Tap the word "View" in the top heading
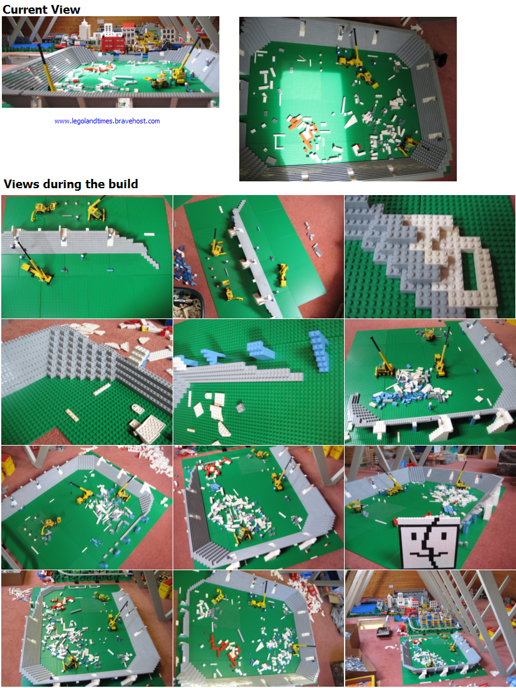coord(66,9)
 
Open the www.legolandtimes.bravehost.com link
coord(107,121)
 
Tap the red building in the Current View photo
coord(113,43)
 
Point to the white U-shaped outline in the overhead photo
coord(279,141)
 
